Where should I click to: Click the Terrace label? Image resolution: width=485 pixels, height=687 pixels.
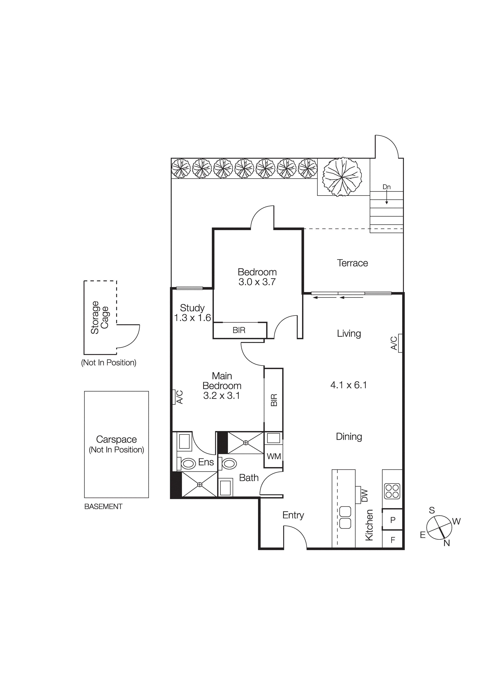pyautogui.click(x=352, y=263)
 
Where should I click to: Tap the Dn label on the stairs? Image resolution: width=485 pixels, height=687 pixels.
pyautogui.click(x=386, y=187)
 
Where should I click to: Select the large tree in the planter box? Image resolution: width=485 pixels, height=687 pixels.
pyautogui.click(x=342, y=177)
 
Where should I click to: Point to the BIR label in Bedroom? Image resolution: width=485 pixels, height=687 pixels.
pyautogui.click(x=239, y=330)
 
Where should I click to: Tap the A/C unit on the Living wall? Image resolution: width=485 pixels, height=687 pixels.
pyautogui.click(x=400, y=343)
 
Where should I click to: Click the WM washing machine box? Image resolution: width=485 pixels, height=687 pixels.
pyautogui.click(x=274, y=456)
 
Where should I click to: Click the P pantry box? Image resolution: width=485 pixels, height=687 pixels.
pyautogui.click(x=393, y=520)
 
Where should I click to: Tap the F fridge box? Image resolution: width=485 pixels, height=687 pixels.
pyautogui.click(x=393, y=540)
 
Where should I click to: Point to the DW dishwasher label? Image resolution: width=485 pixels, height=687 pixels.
pyautogui.click(x=364, y=496)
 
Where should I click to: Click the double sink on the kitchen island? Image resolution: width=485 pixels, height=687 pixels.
pyautogui.click(x=345, y=517)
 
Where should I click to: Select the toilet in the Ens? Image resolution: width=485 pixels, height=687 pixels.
pyautogui.click(x=188, y=464)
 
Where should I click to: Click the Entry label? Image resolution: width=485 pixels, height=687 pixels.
pyautogui.click(x=293, y=515)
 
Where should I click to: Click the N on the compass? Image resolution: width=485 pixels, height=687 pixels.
pyautogui.click(x=446, y=543)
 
